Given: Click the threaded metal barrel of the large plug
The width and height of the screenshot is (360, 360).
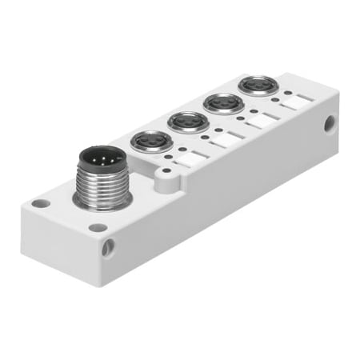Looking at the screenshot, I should click(102, 185).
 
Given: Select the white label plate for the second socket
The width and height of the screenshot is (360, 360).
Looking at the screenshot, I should click(225, 140).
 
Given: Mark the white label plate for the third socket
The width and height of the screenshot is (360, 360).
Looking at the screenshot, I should click(260, 122).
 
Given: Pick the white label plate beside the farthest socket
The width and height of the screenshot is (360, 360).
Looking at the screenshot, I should click(292, 104).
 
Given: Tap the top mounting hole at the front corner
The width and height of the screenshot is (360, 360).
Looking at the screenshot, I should click(98, 227).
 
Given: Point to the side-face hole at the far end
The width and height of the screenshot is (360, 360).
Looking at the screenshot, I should click(330, 125).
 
